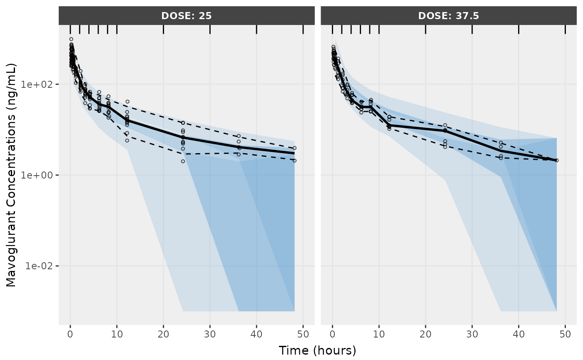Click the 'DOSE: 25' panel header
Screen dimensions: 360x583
pos(187,16)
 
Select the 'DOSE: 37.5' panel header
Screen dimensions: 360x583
pos(448,16)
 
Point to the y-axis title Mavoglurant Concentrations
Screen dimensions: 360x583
pos(11,175)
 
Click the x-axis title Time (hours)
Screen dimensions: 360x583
pos(317,350)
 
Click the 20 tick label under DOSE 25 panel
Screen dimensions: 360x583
pos(163,334)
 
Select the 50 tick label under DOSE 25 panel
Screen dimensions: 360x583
pos(303,334)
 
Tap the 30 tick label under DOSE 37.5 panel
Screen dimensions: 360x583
pos(472,334)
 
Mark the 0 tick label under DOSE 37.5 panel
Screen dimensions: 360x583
pos(332,334)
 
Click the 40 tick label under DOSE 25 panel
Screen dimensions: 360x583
pos(257,334)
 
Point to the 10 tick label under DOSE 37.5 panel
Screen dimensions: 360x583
pos(379,334)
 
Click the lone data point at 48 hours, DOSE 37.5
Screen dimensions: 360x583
pos(557,160)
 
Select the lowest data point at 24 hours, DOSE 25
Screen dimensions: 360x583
pos(183,161)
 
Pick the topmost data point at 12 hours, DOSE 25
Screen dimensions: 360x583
pos(127,102)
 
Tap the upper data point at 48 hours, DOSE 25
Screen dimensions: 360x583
pos(294,148)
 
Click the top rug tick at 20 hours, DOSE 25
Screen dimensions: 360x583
pos(163,29)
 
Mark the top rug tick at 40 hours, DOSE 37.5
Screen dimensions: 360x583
pos(518,29)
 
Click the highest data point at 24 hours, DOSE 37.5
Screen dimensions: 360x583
pos(445,125)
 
